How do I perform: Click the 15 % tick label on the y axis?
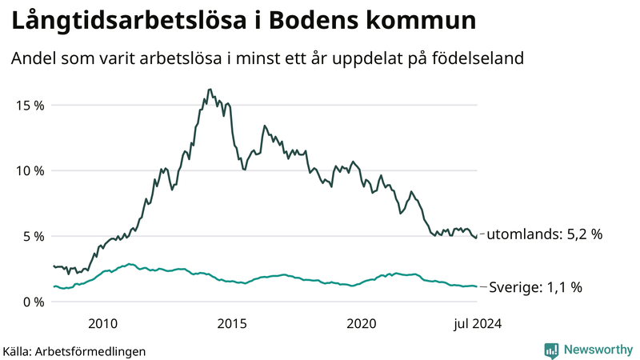click(28, 105)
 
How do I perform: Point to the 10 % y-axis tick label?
click(28, 170)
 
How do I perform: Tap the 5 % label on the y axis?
click(31, 236)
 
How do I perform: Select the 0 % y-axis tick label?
click(31, 302)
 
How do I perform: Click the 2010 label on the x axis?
click(103, 323)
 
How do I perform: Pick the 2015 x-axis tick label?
click(232, 323)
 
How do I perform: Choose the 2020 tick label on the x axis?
click(362, 323)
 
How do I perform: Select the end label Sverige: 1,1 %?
click(534, 286)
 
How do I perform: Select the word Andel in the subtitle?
click(30, 58)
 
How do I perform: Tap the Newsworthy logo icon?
click(551, 350)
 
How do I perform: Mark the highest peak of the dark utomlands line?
click(210, 90)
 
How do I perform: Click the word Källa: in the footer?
click(22, 350)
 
